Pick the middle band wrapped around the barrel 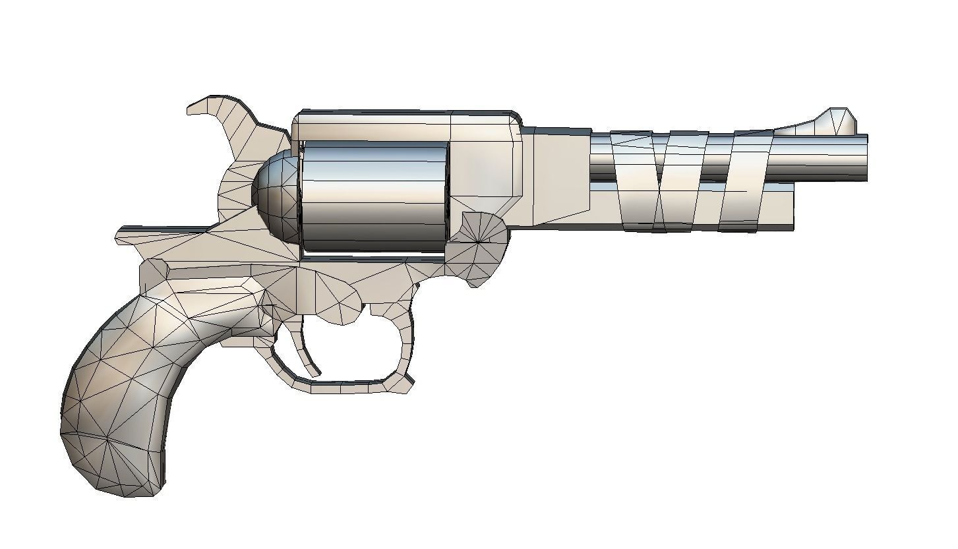tap(686, 181)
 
